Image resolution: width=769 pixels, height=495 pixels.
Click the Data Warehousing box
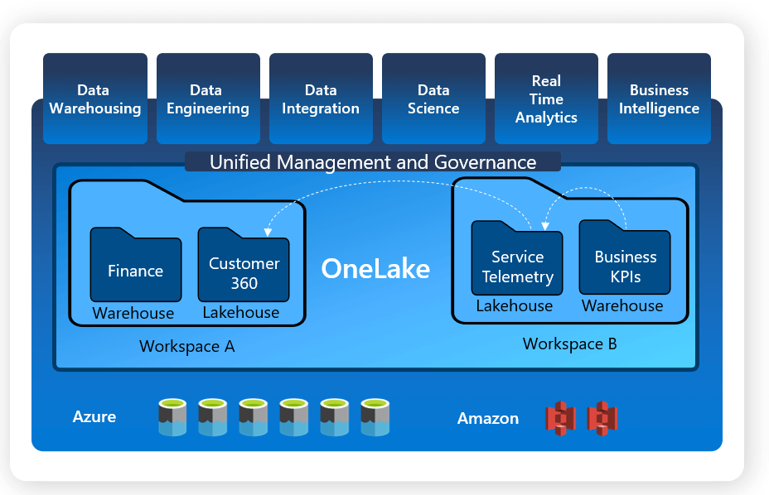tap(95, 99)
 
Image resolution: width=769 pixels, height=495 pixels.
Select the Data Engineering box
tap(208, 99)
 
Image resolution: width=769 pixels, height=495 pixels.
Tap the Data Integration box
tap(321, 99)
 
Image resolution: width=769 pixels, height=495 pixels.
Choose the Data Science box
tap(433, 99)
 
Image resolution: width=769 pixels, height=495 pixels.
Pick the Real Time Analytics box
tap(546, 99)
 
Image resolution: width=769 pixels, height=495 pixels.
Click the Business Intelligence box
tap(659, 99)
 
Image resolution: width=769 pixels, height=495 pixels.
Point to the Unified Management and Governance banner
tap(373, 162)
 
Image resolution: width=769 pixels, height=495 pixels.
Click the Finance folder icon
tap(136, 265)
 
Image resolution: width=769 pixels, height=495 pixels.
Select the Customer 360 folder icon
tap(244, 266)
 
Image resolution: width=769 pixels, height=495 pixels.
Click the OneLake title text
tap(375, 268)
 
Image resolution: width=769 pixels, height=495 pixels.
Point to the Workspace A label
tap(187, 346)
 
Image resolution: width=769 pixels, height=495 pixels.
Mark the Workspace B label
tap(570, 344)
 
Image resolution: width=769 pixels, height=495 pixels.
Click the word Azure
tap(94, 416)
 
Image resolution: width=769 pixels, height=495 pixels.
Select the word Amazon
tap(488, 418)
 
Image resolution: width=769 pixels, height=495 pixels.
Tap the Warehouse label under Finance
tap(133, 313)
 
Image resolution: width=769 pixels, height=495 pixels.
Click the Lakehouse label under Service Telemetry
tap(515, 305)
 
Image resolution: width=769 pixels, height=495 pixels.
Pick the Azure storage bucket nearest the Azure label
tap(172, 417)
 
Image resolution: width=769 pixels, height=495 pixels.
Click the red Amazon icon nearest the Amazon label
tap(561, 418)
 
